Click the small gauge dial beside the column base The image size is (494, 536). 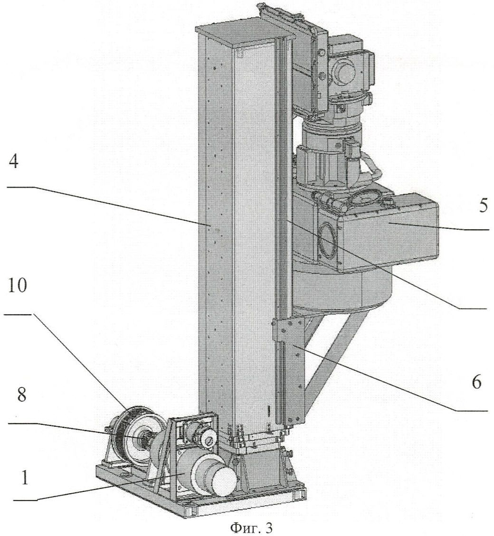coord(208,441)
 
